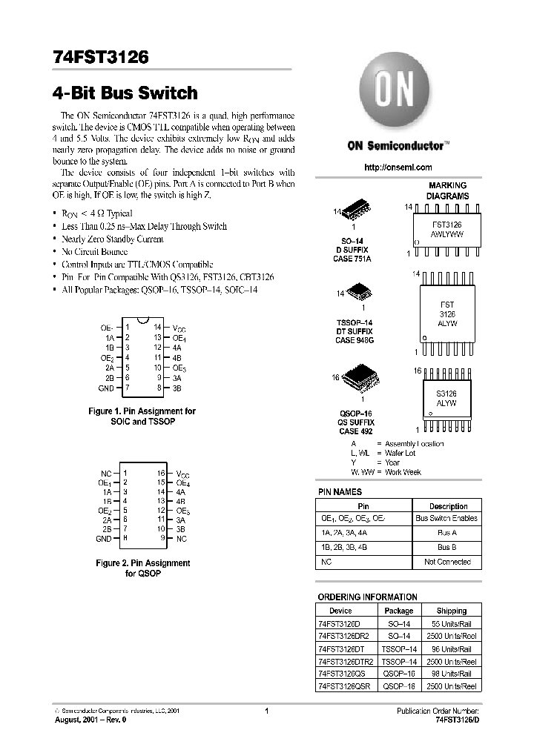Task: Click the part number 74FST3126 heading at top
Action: pos(101,57)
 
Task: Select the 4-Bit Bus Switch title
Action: pos(125,93)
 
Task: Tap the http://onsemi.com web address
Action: pos(398,167)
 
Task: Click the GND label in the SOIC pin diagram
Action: pos(106,388)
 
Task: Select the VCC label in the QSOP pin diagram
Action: pos(182,473)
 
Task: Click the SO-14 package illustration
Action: pos(355,213)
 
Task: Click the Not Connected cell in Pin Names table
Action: pos(447,562)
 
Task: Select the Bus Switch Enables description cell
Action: pos(446,518)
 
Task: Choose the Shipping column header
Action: pos(451,611)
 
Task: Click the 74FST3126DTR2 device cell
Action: pos(346,661)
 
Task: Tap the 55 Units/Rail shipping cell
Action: pos(451,623)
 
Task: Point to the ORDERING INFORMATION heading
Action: pos(367,597)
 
